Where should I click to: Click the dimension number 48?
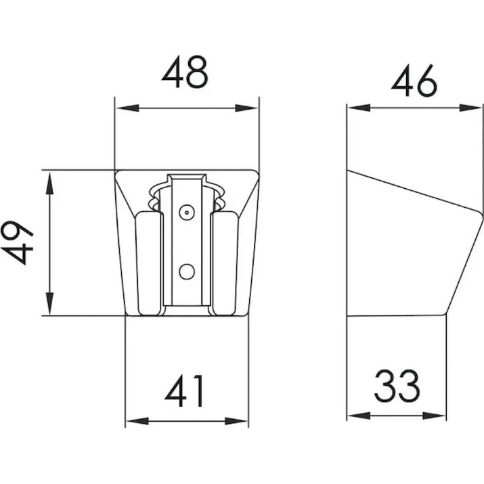tap(185, 72)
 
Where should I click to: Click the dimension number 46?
tap(414, 81)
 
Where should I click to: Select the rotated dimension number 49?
tap(18, 242)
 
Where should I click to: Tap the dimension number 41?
tap(185, 391)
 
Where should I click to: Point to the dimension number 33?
tap(397, 385)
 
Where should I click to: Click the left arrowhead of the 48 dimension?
tap(127, 108)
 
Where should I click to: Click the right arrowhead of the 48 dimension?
tap(246, 108)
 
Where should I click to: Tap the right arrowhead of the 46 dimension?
tap(470, 108)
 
